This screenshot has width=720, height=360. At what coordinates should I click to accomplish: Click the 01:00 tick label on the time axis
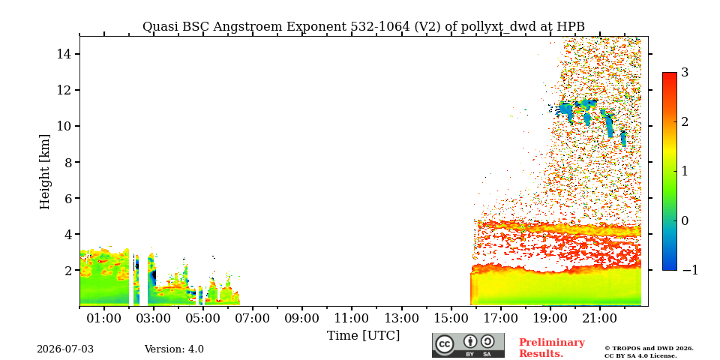[105, 318]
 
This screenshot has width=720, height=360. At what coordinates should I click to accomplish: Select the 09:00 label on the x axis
[302, 318]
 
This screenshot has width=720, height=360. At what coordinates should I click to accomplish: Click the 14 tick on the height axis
[63, 54]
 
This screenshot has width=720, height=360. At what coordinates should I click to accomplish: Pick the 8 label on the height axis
[66, 162]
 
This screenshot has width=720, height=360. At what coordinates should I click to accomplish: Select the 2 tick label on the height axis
[66, 271]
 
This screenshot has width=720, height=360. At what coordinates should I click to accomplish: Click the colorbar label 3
[685, 73]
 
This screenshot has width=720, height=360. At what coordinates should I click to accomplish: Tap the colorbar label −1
[690, 271]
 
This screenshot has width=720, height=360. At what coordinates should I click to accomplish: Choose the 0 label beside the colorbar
[685, 220]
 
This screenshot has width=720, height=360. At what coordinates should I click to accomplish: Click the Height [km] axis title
[44, 172]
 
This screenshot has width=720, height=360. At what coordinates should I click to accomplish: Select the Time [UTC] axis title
[363, 336]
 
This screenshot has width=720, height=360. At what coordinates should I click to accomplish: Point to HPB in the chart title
[571, 26]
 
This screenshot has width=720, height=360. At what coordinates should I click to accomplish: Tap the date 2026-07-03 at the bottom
[65, 349]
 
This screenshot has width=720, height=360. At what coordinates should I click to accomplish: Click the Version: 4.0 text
[174, 349]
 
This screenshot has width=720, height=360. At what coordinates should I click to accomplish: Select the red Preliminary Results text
[552, 348]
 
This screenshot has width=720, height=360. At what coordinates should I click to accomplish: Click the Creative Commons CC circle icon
[444, 344]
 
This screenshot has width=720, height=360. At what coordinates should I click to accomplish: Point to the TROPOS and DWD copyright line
[649, 349]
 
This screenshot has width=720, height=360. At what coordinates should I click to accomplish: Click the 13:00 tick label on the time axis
[401, 318]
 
